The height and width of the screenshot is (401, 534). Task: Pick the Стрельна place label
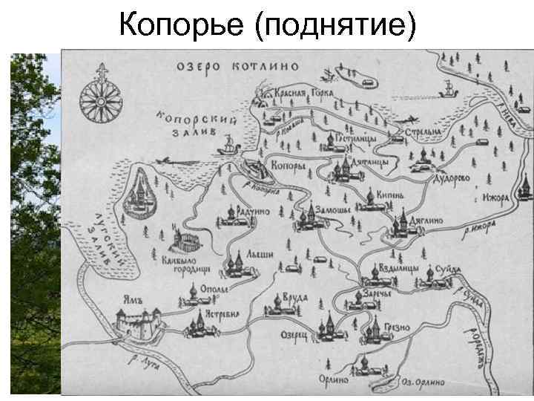pyautogui.click(x=422, y=131)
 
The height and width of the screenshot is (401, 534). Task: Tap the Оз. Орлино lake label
pyautogui.click(x=424, y=382)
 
